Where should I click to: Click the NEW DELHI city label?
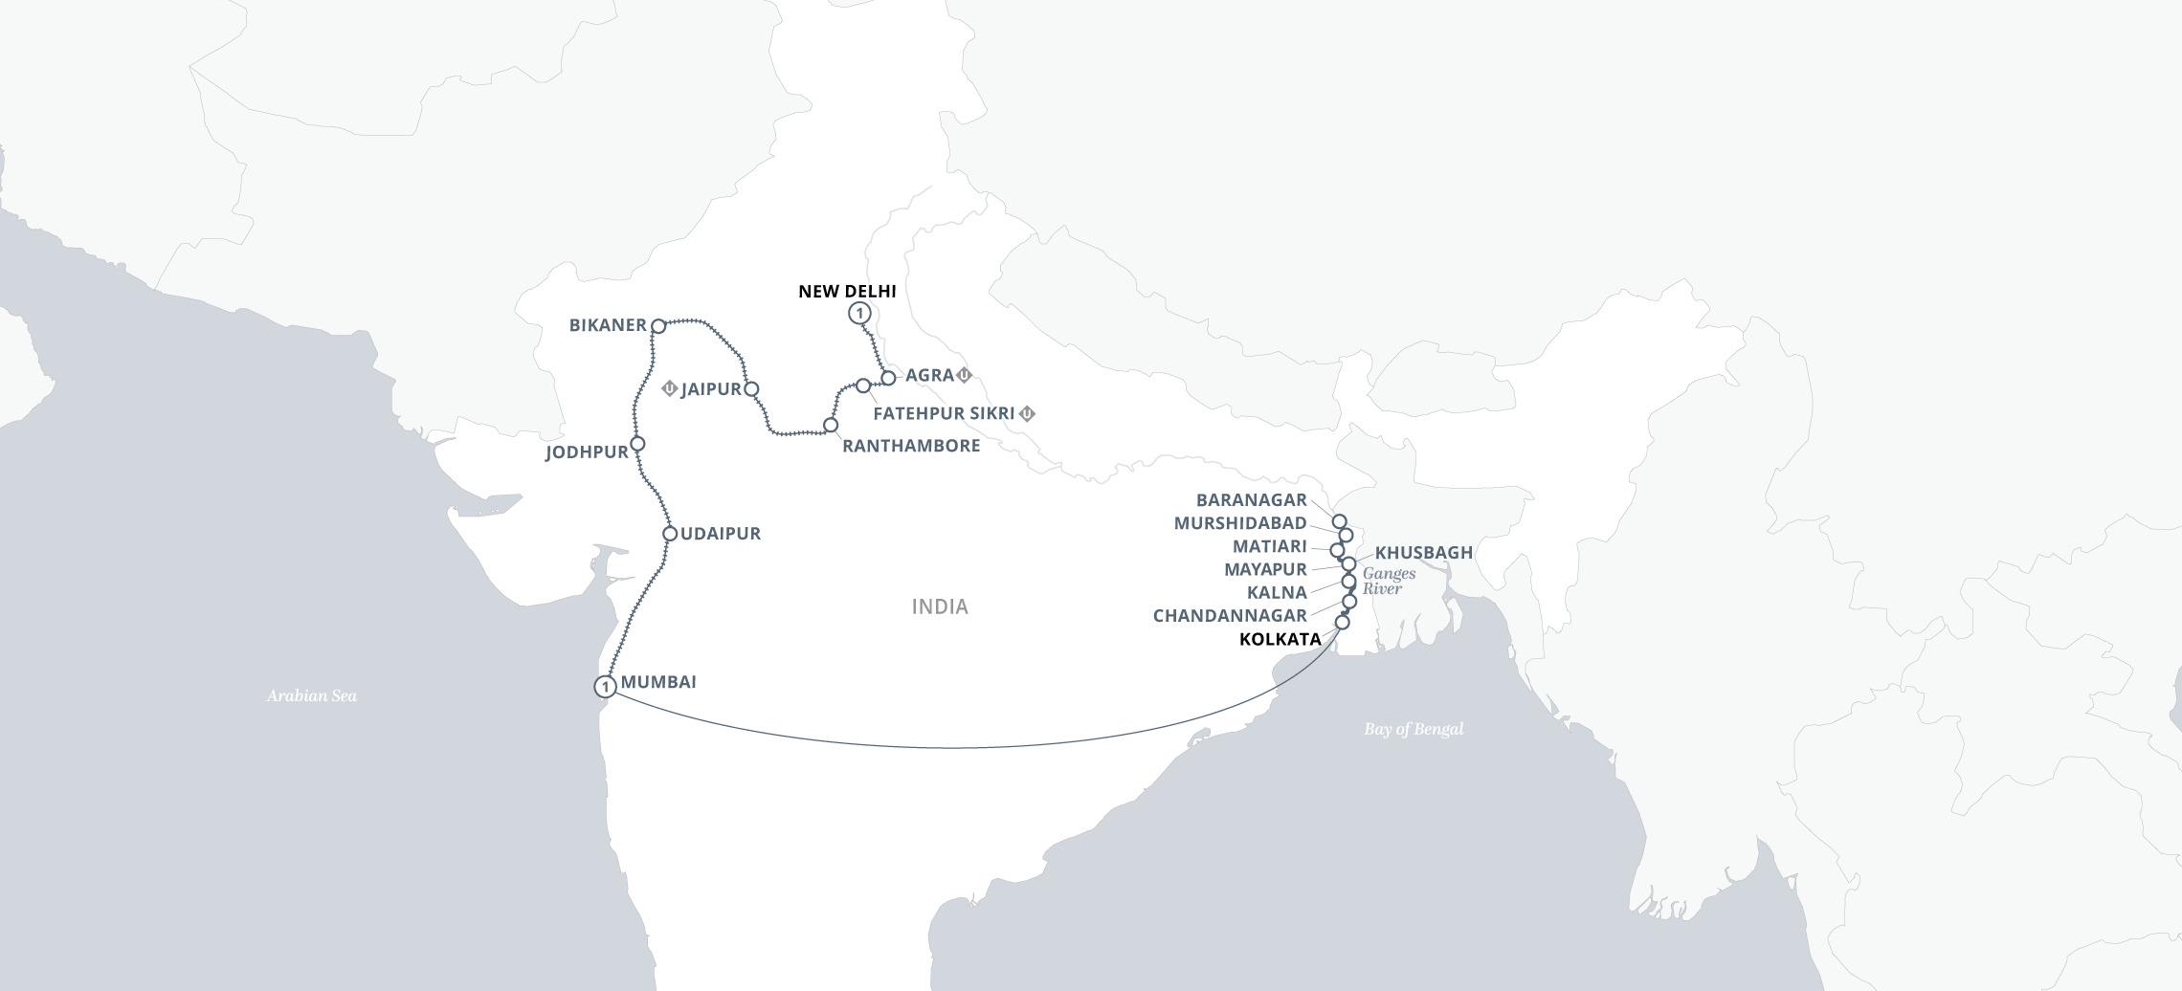coord(847,292)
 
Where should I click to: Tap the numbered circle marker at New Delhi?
coord(859,313)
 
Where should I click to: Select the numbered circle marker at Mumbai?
coord(605,687)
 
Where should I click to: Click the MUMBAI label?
coord(658,682)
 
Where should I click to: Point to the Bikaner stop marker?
coord(658,326)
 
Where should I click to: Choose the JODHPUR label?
coord(587,452)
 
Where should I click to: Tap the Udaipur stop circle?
coord(670,534)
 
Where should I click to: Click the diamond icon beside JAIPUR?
coord(669,388)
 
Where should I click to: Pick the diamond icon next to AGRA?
coord(965,375)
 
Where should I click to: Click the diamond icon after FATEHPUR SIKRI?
coord(1027,413)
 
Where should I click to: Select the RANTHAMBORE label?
coord(911,446)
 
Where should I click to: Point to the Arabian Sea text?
coord(311,695)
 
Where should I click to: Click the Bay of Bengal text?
coord(1414,729)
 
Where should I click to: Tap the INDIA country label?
coord(940,606)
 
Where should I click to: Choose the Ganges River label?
coord(1389,581)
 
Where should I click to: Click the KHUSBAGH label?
coord(1423,553)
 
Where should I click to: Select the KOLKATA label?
coord(1280,639)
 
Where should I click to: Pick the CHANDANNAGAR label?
coord(1230,616)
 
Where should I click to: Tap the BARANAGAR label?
coord(1251,500)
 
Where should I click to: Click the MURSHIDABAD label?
coord(1240,523)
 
